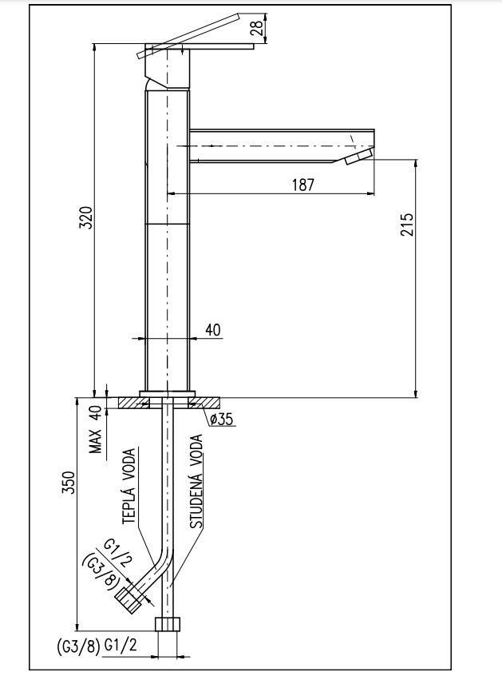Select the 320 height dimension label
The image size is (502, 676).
(x=86, y=219)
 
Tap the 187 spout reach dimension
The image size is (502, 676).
(x=302, y=185)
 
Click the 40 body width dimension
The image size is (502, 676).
(x=213, y=329)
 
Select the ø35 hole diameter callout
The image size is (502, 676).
(x=221, y=419)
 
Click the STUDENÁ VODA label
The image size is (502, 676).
(x=196, y=483)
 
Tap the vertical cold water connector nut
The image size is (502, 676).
(x=168, y=625)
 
